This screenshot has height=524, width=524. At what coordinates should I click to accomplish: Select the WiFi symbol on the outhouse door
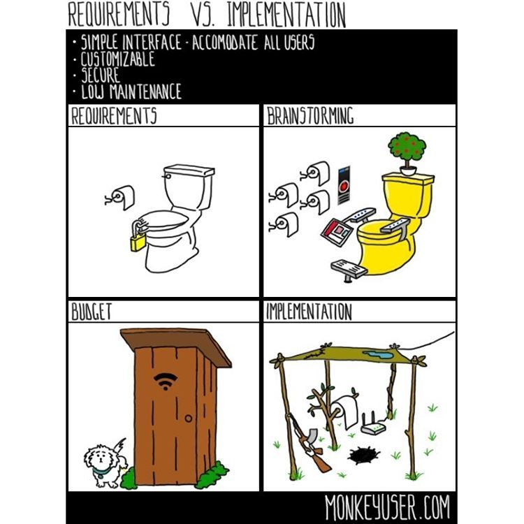[166, 381]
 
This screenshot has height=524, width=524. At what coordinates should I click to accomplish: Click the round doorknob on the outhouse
[189, 418]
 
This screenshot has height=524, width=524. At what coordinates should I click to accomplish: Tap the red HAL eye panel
[344, 185]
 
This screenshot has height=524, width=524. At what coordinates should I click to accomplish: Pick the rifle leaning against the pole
[309, 443]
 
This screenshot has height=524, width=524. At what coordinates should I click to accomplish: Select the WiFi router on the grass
[373, 424]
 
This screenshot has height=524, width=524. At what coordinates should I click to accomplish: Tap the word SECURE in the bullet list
[100, 75]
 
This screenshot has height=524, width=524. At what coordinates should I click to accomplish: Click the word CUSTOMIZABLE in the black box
[117, 59]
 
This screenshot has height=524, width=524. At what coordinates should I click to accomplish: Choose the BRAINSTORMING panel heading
[310, 115]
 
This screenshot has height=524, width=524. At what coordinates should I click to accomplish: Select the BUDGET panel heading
[92, 312]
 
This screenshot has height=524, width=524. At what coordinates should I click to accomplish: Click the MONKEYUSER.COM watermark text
[388, 507]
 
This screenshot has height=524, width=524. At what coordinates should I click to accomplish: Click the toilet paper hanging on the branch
[344, 411]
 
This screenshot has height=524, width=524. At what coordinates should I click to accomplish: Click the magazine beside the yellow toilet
[337, 232]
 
